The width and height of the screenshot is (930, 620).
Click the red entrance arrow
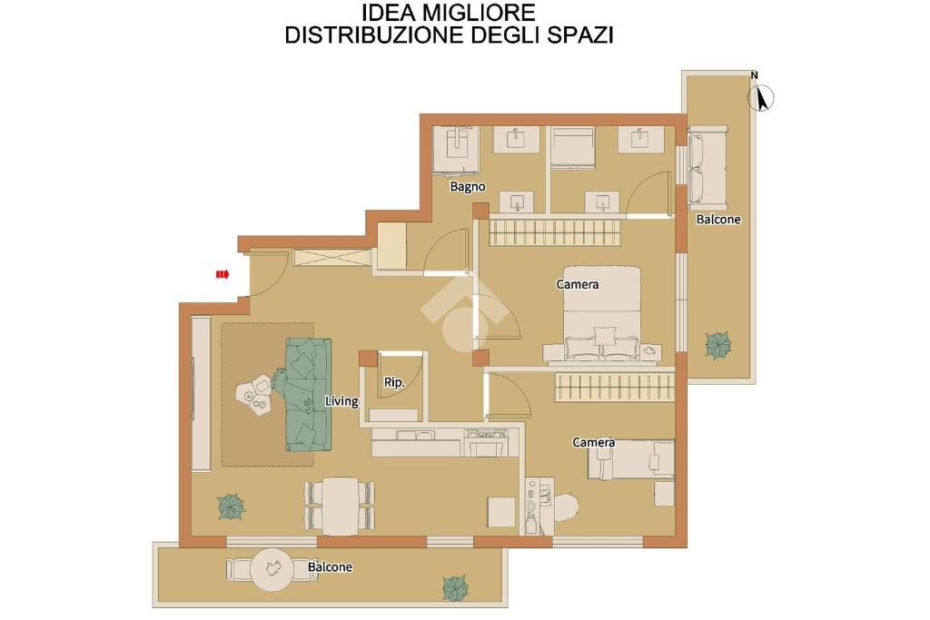(x=223, y=274)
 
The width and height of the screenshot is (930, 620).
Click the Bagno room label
(x=468, y=187)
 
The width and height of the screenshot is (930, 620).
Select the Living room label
(x=341, y=401)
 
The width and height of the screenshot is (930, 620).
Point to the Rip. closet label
(x=394, y=382)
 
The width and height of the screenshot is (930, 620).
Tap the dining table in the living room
(x=340, y=506)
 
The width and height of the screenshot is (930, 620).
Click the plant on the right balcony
(x=717, y=345)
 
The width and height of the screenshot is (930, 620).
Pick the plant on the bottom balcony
(x=455, y=586)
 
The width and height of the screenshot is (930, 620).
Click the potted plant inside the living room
(x=232, y=507)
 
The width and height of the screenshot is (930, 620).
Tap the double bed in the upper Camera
(x=601, y=315)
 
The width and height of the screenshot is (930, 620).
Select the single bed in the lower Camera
(x=631, y=459)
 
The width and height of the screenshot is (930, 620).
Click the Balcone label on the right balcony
(x=718, y=220)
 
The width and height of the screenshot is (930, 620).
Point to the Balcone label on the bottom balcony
(x=330, y=567)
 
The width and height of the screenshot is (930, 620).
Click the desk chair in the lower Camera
(x=567, y=507)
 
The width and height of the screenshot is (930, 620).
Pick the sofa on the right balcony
(x=707, y=166)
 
